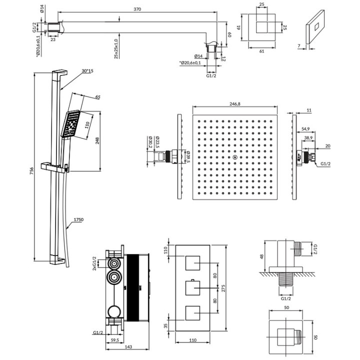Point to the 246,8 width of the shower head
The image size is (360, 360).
(x=234, y=104)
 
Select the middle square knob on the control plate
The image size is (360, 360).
(x=193, y=288)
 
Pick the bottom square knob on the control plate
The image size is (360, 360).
(x=193, y=313)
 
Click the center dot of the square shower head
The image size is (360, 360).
(x=234, y=158)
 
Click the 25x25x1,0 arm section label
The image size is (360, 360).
(x=115, y=47)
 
